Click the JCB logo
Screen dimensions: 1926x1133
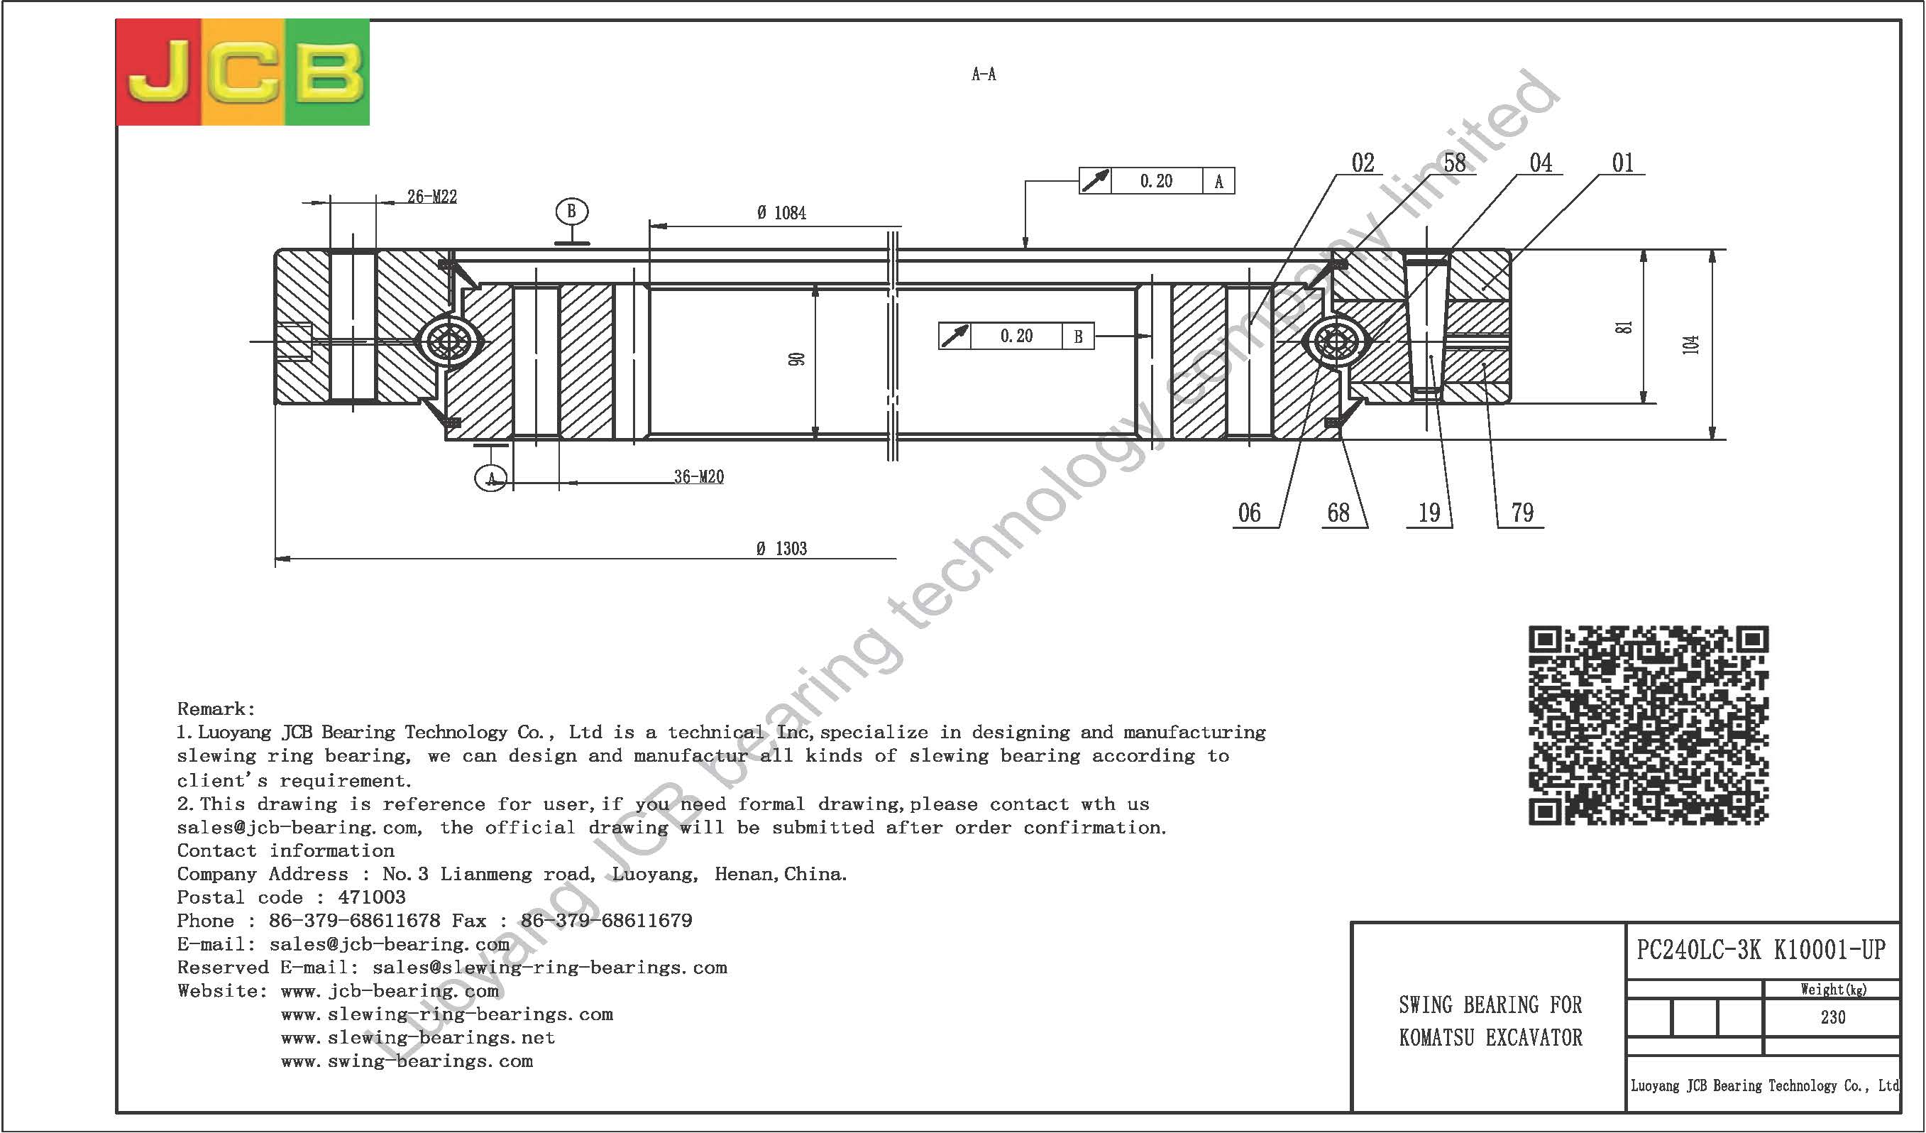242,72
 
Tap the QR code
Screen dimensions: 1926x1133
1649,726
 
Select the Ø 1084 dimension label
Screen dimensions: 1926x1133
782,213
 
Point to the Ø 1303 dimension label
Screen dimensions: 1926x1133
782,548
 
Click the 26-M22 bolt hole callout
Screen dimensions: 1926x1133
431,197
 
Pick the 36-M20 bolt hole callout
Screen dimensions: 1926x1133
698,477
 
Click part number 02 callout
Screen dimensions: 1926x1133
1363,163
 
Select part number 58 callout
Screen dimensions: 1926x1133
1455,163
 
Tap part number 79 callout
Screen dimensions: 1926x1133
1521,513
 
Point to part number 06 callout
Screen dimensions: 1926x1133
1250,513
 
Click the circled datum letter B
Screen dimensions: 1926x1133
572,211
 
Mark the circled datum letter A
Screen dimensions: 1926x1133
490,478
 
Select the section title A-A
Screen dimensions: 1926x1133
984,74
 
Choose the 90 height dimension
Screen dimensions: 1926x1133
797,359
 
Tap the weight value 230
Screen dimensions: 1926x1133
1833,1017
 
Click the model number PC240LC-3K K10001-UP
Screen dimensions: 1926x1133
1761,950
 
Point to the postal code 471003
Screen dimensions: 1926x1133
371,897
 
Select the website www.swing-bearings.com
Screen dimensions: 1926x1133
407,1061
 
